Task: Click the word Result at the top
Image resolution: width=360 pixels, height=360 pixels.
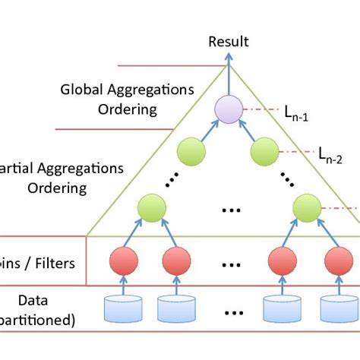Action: tap(228, 42)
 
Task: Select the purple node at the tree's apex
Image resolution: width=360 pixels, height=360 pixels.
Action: tap(228, 108)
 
